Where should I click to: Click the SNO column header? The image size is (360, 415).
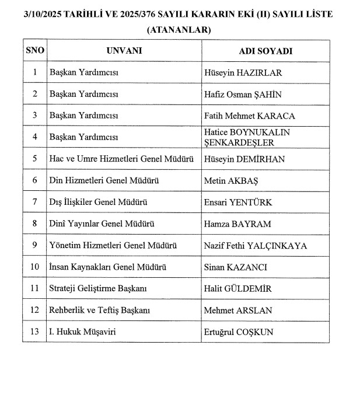click(x=35, y=51)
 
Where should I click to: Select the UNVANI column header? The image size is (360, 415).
click(x=124, y=51)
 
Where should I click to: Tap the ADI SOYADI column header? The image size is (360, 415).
click(x=265, y=51)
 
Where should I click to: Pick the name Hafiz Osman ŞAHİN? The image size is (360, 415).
click(x=243, y=94)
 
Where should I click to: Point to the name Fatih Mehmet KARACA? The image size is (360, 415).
click(x=250, y=116)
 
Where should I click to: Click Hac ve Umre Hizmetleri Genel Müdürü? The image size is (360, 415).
click(x=121, y=159)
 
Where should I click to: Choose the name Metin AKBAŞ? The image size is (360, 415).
click(x=231, y=181)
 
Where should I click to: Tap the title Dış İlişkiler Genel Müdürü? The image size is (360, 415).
click(x=98, y=203)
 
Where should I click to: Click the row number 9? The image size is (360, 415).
click(x=35, y=246)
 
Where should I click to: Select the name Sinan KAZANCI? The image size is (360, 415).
click(x=235, y=267)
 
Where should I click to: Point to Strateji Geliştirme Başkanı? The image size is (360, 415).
click(x=97, y=289)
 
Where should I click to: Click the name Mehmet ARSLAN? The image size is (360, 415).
click(x=238, y=311)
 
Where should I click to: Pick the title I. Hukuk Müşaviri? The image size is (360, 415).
click(x=85, y=332)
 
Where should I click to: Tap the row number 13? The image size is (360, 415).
click(x=35, y=332)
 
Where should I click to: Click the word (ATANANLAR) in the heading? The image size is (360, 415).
click(x=179, y=29)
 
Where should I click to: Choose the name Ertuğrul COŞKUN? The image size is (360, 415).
click(x=239, y=332)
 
